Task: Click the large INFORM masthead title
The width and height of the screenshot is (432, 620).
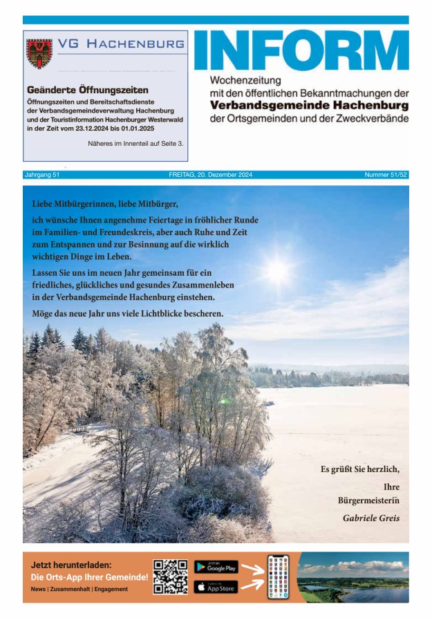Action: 301,50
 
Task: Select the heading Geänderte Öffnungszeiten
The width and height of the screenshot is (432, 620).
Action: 87,90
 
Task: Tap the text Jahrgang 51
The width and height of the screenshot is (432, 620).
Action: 41,175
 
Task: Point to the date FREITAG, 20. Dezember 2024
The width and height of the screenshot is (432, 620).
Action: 210,175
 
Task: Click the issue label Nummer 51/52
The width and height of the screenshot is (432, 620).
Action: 386,175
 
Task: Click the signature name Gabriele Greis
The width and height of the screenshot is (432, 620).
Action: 371,518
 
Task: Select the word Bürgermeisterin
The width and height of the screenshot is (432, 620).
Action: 368,500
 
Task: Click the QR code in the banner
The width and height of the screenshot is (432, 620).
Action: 170,576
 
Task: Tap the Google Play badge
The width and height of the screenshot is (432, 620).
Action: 216,567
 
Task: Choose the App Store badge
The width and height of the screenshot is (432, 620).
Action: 216,587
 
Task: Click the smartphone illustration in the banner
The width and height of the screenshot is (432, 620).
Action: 278,576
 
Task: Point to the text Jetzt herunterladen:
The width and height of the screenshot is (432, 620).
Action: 71,565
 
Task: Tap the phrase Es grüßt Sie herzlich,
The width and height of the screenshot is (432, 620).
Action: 359,469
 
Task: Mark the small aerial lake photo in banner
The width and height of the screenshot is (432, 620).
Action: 353,576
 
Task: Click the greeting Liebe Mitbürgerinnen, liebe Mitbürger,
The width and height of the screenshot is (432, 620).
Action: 105,204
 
